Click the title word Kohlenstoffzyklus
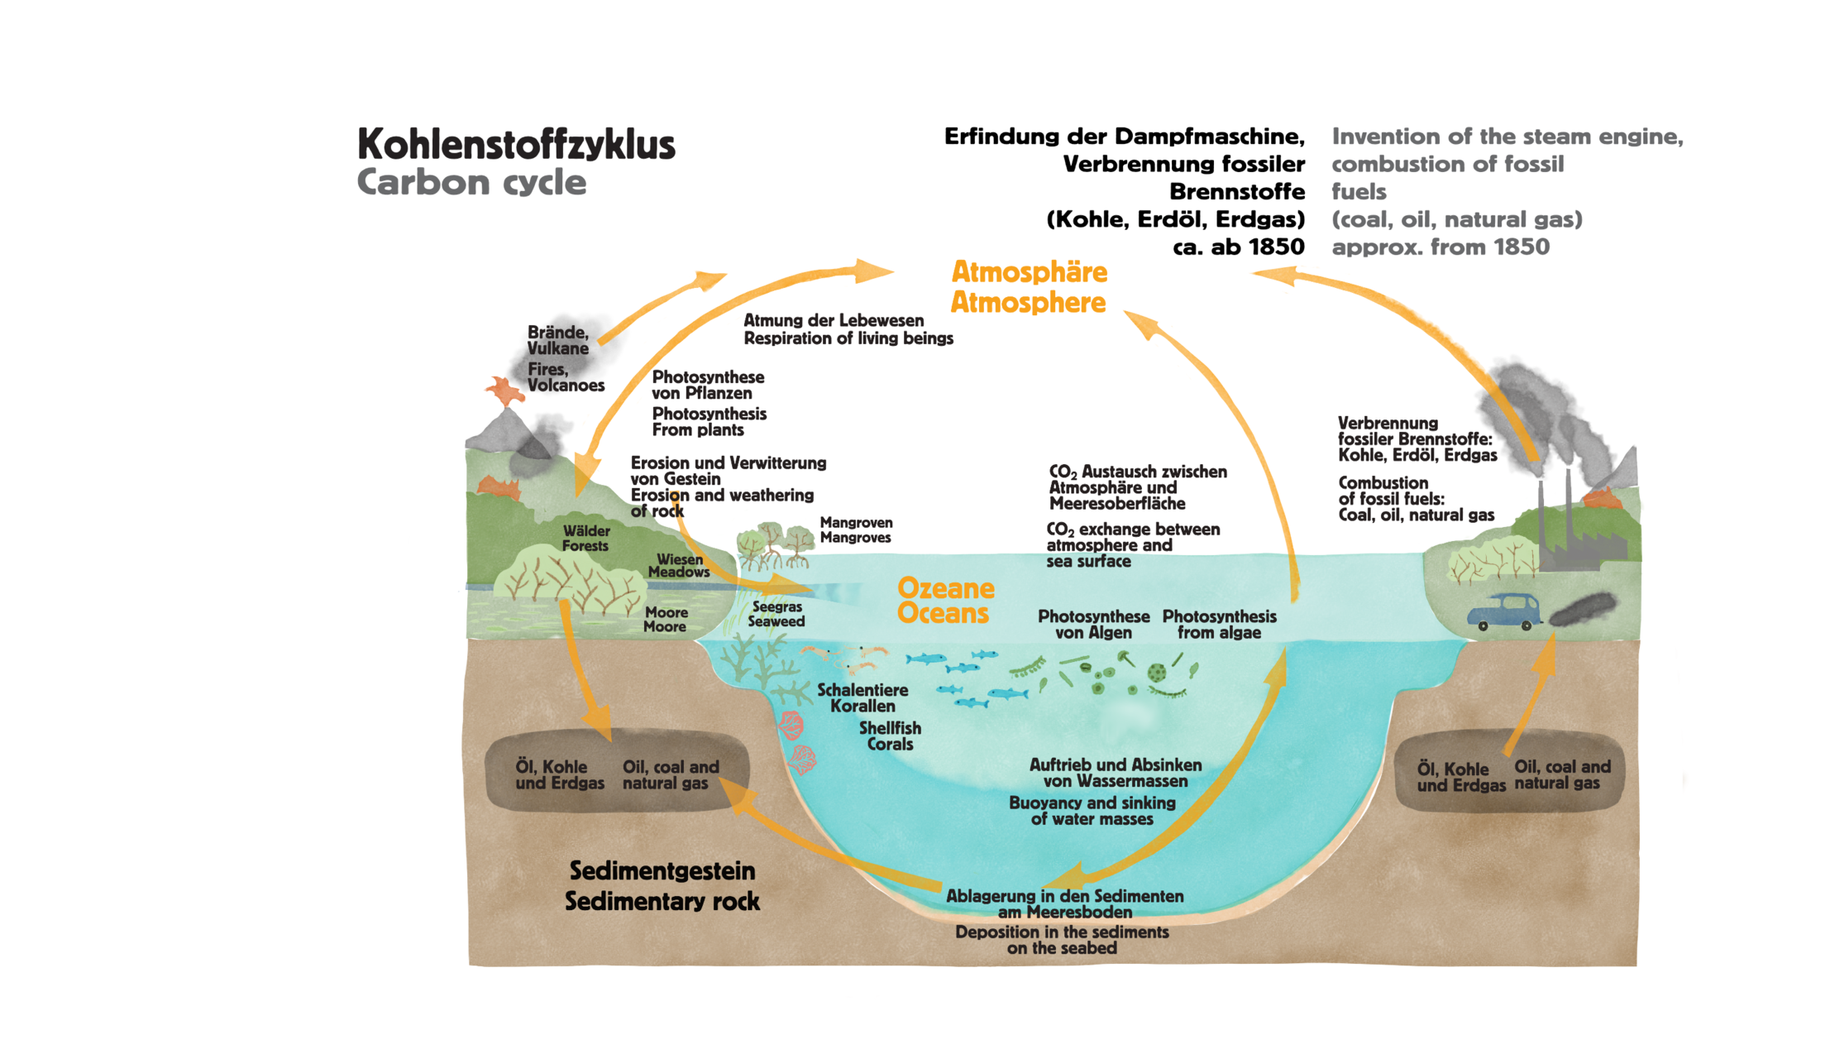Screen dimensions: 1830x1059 tap(516, 144)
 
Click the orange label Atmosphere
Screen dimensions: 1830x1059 tap(1028, 303)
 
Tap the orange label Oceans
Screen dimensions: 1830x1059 tap(944, 613)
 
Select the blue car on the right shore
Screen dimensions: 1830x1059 tap(1504, 611)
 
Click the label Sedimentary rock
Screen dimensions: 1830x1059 tap(662, 901)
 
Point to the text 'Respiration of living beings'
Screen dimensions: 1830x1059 tap(848, 338)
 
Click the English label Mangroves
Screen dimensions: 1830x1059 tap(855, 538)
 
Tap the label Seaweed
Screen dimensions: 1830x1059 tap(776, 621)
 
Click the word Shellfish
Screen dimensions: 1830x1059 tap(890, 728)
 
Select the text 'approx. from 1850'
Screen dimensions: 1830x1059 tap(1441, 247)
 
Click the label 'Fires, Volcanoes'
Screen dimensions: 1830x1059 tap(566, 377)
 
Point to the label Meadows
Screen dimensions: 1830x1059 tap(679, 572)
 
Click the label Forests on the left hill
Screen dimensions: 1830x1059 tap(585, 546)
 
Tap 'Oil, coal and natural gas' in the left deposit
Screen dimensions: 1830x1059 tap(671, 775)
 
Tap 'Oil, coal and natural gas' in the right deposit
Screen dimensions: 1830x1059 tap(1562, 775)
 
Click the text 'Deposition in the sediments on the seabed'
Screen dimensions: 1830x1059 tap(1062, 940)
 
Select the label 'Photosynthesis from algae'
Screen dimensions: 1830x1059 tap(1220, 625)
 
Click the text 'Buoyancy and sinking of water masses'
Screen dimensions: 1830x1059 tap(1092, 811)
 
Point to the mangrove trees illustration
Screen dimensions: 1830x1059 tap(775, 546)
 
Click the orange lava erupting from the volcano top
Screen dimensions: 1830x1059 tap(504, 390)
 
